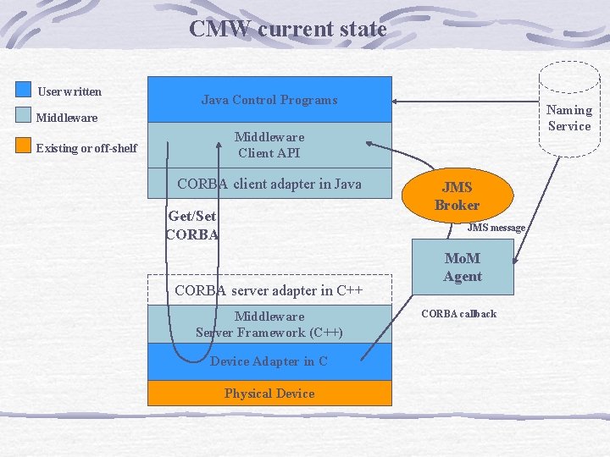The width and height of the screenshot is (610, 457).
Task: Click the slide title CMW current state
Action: click(x=287, y=29)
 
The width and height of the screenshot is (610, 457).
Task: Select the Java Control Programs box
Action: click(x=269, y=100)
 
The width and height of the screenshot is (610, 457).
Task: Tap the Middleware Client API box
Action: click(x=269, y=145)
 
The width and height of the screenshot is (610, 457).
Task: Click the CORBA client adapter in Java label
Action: click(x=269, y=184)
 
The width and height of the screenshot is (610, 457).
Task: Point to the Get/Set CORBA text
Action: click(x=192, y=225)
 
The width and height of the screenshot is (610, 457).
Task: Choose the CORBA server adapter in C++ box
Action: click(x=269, y=289)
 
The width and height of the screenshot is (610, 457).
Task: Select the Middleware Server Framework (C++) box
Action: click(x=269, y=324)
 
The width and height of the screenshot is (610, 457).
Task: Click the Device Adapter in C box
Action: click(x=269, y=361)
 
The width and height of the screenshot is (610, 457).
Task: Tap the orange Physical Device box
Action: click(x=269, y=394)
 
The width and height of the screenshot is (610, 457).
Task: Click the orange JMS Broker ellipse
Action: click(x=457, y=196)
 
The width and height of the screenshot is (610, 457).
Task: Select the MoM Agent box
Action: click(x=463, y=268)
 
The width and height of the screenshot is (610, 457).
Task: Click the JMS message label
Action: click(x=496, y=228)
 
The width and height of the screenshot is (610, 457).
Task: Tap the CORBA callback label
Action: click(x=458, y=314)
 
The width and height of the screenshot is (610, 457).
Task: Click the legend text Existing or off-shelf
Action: click(x=86, y=148)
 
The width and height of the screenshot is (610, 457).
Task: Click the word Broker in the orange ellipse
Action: click(x=457, y=205)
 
